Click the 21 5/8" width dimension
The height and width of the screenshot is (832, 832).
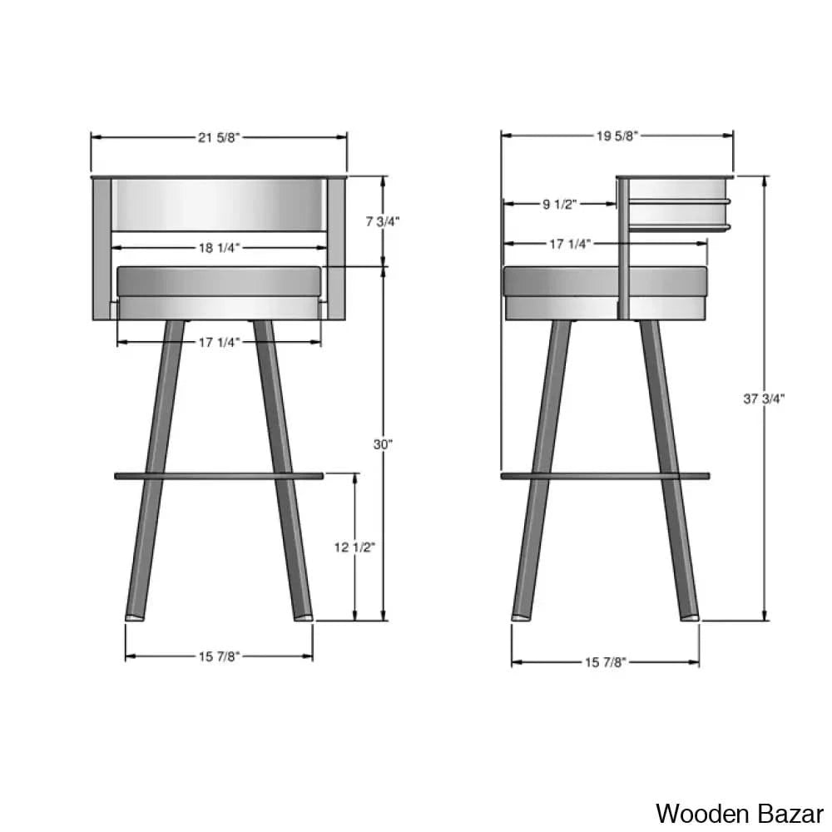pyautogui.click(x=219, y=138)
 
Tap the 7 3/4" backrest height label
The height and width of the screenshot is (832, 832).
pyautogui.click(x=384, y=221)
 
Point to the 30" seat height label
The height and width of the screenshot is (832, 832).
pyautogui.click(x=383, y=445)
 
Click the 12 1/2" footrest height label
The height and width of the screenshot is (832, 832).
pyautogui.click(x=355, y=547)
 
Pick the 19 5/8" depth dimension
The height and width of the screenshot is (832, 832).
pyautogui.click(x=617, y=136)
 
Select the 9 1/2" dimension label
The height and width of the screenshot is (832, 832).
pyautogui.click(x=559, y=204)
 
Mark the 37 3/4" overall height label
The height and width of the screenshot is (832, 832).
pyautogui.click(x=764, y=399)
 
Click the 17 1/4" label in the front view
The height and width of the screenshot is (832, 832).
pyautogui.click(x=219, y=341)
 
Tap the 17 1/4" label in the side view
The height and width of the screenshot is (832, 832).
pyautogui.click(x=570, y=244)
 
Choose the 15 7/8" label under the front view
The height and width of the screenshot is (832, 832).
pyautogui.click(x=219, y=656)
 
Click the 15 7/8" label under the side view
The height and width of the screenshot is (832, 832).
pyautogui.click(x=605, y=662)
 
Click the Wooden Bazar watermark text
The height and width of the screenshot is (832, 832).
pyautogui.click(x=739, y=811)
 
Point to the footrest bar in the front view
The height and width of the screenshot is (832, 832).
pyautogui.click(x=219, y=476)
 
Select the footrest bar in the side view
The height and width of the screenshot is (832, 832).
pyautogui.click(x=605, y=476)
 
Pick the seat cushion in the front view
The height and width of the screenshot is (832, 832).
pyautogui.click(x=219, y=280)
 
